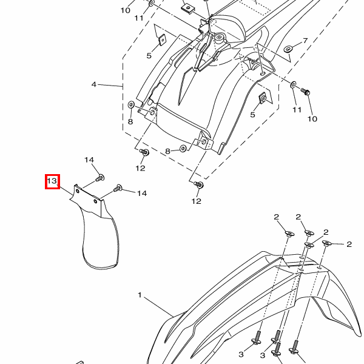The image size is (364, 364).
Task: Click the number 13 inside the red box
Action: (52, 181)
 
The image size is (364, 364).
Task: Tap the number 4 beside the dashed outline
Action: (94, 84)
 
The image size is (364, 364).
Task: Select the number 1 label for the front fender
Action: (140, 295)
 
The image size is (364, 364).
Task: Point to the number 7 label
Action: (305, 41)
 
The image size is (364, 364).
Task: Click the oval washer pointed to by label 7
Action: (288, 49)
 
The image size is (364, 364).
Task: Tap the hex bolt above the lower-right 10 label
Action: (306, 92)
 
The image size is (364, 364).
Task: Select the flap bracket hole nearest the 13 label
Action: (78, 191)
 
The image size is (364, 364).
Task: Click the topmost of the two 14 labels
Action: (89, 160)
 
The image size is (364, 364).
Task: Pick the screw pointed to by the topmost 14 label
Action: (100, 178)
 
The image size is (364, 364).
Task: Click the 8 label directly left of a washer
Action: (167, 151)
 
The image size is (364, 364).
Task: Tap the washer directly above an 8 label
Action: (131, 105)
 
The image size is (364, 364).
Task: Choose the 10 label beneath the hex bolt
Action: (312, 119)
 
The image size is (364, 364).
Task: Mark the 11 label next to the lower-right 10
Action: (297, 110)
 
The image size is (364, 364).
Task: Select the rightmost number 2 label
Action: (349, 244)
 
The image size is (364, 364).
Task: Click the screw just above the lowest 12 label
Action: (199, 184)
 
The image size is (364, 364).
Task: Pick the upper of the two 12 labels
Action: (141, 168)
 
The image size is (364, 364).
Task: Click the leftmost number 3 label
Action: (241, 354)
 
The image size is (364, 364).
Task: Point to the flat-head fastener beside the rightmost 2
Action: (326, 243)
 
